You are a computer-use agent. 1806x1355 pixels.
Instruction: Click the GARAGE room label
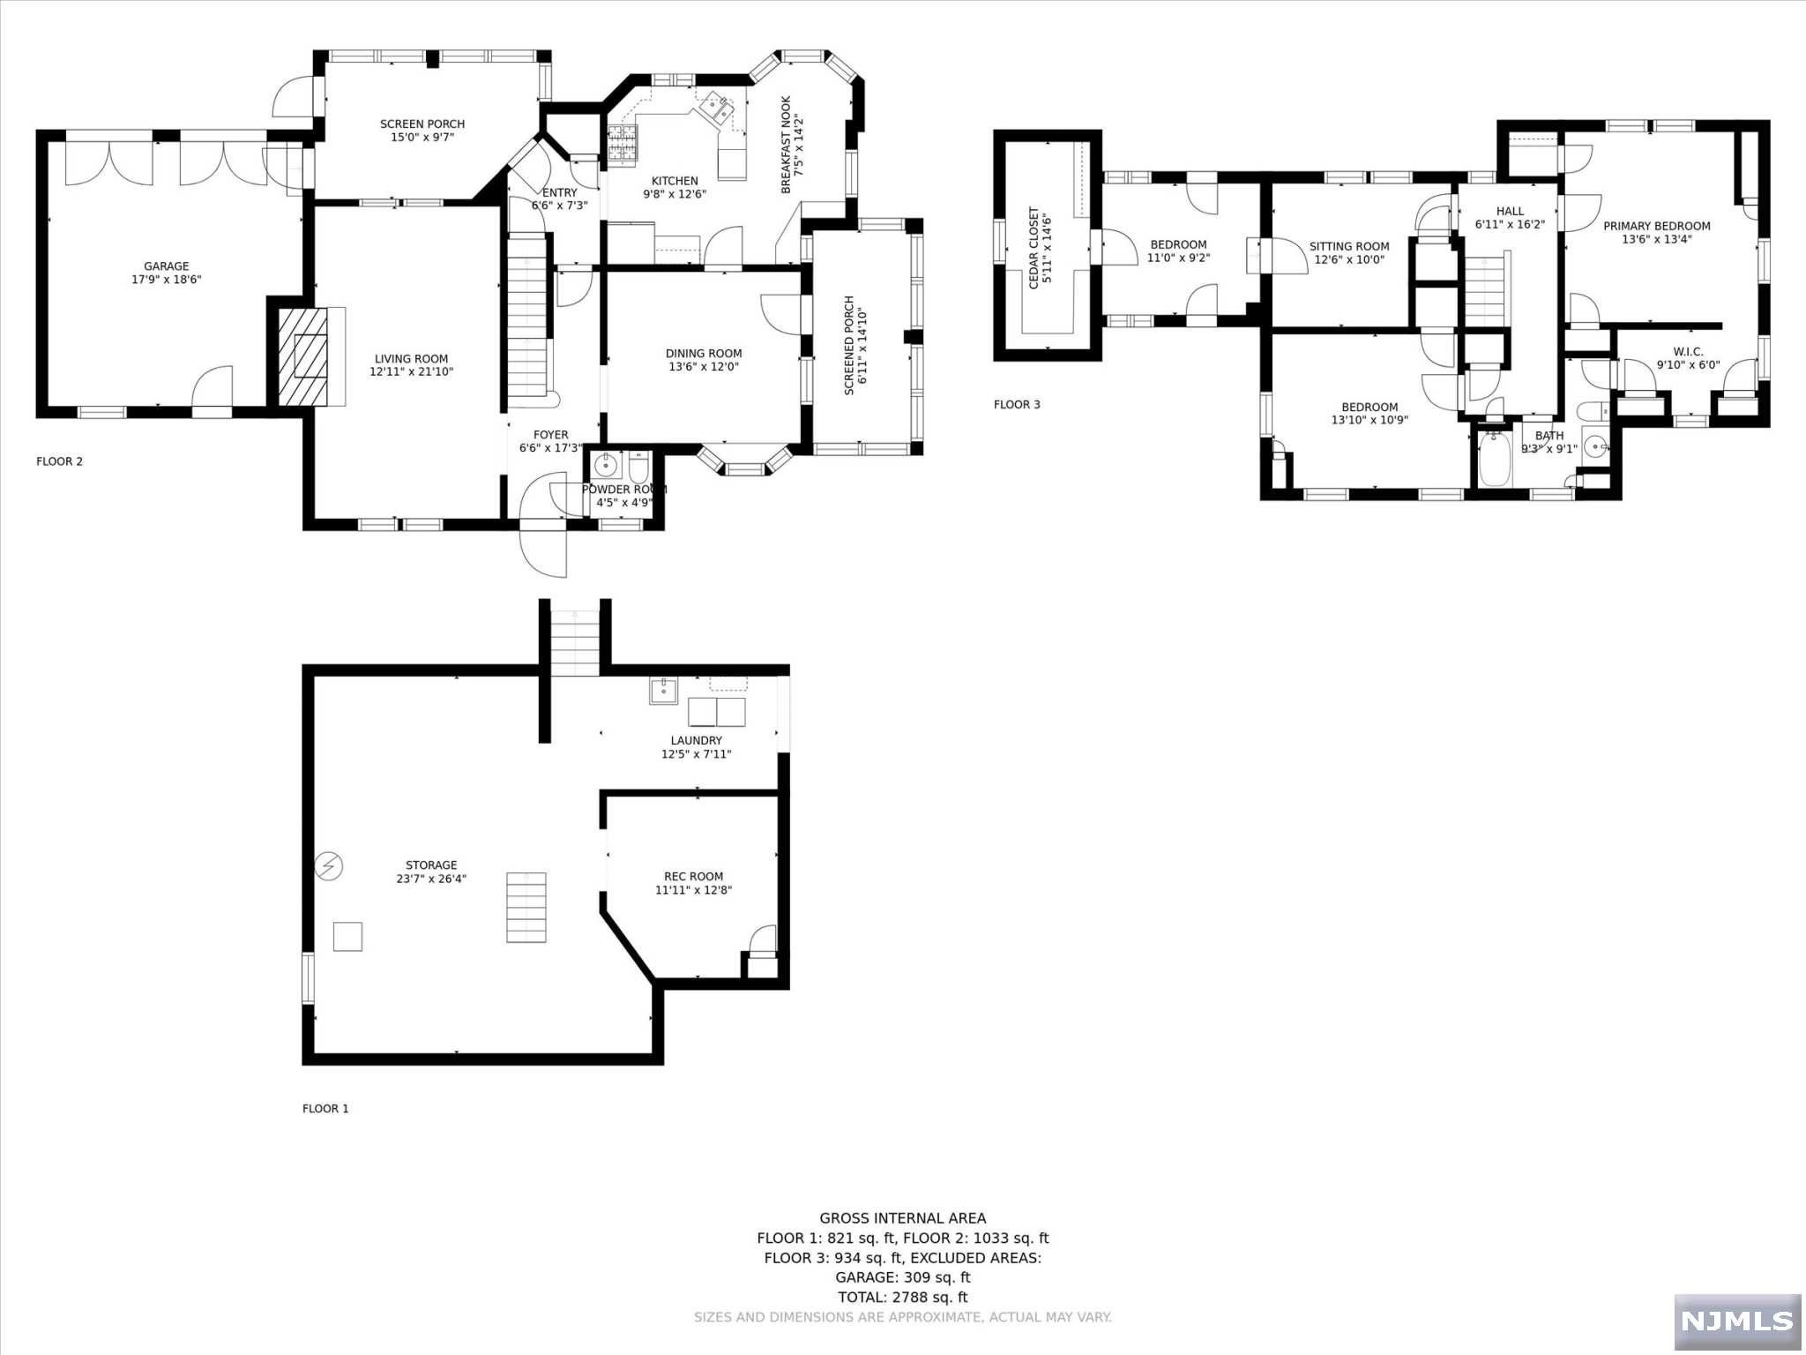pyautogui.click(x=167, y=266)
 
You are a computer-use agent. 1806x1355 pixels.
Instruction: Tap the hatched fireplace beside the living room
pyautogui.click(x=303, y=356)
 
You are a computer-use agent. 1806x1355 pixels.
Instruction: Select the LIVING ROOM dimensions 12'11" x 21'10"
pyautogui.click(x=411, y=372)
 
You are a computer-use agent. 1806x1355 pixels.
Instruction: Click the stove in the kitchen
pyautogui.click(x=622, y=145)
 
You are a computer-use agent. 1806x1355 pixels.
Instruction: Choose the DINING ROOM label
pyautogui.click(x=703, y=353)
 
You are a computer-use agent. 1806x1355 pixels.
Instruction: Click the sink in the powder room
pyautogui.click(x=606, y=465)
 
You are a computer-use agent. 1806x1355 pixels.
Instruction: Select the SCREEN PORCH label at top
pyautogui.click(x=422, y=124)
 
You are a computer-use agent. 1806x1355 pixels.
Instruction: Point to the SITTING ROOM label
pyautogui.click(x=1348, y=247)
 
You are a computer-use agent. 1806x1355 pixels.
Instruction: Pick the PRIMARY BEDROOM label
pyautogui.click(x=1656, y=226)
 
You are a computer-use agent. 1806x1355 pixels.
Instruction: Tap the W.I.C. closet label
pyautogui.click(x=1687, y=351)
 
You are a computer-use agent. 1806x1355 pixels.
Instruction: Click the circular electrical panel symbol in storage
pyautogui.click(x=330, y=866)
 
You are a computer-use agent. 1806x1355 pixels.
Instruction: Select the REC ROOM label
pyautogui.click(x=693, y=876)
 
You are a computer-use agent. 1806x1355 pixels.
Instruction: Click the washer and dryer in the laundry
pyautogui.click(x=716, y=711)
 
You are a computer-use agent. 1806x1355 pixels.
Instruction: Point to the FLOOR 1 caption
pyautogui.click(x=325, y=1109)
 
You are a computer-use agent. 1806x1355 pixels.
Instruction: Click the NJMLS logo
pyautogui.click(x=1736, y=1321)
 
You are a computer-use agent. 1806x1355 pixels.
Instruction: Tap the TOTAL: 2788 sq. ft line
pyautogui.click(x=902, y=1297)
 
